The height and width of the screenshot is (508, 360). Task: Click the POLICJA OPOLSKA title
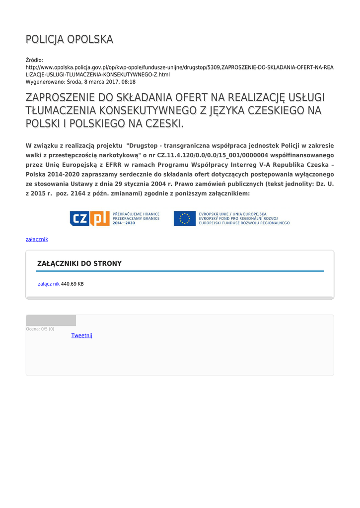(x=70, y=40)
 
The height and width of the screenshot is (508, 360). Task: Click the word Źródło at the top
(x=34, y=60)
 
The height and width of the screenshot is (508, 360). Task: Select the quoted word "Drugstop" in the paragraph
(x=144, y=146)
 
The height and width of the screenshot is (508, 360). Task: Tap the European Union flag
(x=184, y=218)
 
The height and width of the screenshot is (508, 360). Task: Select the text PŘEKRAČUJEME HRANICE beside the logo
(x=137, y=214)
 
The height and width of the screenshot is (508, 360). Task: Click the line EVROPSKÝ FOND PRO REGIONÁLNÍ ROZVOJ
(x=238, y=218)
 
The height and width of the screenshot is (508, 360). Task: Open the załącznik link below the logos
(x=37, y=239)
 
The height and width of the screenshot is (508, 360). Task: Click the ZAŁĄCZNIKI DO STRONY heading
(x=79, y=263)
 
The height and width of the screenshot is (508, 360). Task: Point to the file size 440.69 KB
(x=72, y=284)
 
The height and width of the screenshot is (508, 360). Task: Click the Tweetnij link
(x=82, y=335)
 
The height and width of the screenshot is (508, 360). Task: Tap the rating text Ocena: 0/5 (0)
(x=40, y=329)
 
